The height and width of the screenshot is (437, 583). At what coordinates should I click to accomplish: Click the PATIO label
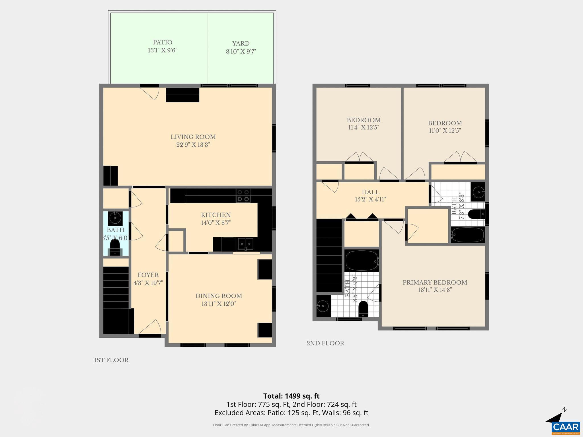pyautogui.click(x=163, y=42)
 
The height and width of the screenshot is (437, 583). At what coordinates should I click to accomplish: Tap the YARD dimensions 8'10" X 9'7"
pyautogui.click(x=241, y=51)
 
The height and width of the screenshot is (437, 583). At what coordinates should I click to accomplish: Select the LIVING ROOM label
pyautogui.click(x=193, y=137)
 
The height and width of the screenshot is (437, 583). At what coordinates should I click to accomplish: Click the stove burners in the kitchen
pyautogui.click(x=243, y=195)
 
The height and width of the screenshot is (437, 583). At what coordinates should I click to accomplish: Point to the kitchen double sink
pyautogui.click(x=246, y=244)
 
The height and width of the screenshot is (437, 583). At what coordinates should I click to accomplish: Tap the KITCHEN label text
pyautogui.click(x=215, y=215)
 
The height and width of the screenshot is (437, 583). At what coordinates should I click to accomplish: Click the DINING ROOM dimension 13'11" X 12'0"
pyautogui.click(x=219, y=304)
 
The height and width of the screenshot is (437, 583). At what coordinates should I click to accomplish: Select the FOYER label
pyautogui.click(x=148, y=275)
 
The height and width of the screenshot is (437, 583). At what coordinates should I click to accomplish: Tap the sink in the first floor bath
pyautogui.click(x=115, y=218)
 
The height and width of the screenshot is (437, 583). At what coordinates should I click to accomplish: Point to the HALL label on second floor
pyautogui.click(x=370, y=192)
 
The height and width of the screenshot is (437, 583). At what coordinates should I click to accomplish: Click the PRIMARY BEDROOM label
pyautogui.click(x=435, y=283)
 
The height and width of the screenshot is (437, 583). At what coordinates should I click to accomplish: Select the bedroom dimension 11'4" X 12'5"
pyautogui.click(x=364, y=127)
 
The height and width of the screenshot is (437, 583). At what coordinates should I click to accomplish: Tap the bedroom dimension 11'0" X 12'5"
pyautogui.click(x=445, y=131)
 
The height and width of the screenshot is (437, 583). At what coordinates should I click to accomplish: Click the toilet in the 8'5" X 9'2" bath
pyautogui.click(x=363, y=309)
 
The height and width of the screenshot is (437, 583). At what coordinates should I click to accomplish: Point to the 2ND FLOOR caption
pyautogui.click(x=325, y=343)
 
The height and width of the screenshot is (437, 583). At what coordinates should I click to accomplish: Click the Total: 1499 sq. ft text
pyautogui.click(x=291, y=396)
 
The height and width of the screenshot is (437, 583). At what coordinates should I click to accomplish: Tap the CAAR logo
pyautogui.click(x=565, y=427)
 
